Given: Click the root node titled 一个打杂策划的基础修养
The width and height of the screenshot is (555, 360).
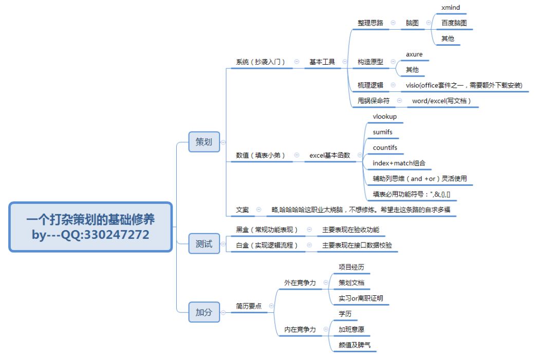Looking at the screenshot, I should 90,226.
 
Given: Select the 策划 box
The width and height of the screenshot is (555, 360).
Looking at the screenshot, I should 204,142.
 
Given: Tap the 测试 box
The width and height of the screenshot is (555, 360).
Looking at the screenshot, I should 204,244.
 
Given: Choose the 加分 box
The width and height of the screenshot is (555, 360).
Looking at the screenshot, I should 204,312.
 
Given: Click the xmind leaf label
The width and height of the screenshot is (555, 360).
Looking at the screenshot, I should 451,8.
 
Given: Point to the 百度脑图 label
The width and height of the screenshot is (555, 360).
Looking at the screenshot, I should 454,23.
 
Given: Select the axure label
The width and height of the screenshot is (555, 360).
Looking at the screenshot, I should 414,54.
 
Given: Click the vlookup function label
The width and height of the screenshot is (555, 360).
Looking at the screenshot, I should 385,117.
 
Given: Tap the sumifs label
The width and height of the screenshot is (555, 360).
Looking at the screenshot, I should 383,132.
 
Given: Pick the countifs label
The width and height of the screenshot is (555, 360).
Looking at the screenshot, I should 385,148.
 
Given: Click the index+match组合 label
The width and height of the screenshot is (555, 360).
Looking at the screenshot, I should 399,163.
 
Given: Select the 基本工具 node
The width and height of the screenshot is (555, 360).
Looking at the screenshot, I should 322,62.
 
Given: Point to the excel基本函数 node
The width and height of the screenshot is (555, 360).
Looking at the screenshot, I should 329,155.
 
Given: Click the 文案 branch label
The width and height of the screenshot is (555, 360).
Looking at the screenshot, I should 243,210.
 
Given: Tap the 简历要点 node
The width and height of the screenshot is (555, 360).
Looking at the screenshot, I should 249,306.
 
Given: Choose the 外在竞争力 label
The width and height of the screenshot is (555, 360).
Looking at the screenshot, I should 300,282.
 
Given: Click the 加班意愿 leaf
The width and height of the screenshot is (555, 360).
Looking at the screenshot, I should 351,329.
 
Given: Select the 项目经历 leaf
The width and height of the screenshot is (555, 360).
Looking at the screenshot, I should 351,267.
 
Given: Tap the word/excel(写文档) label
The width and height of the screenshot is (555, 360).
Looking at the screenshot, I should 441,101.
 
